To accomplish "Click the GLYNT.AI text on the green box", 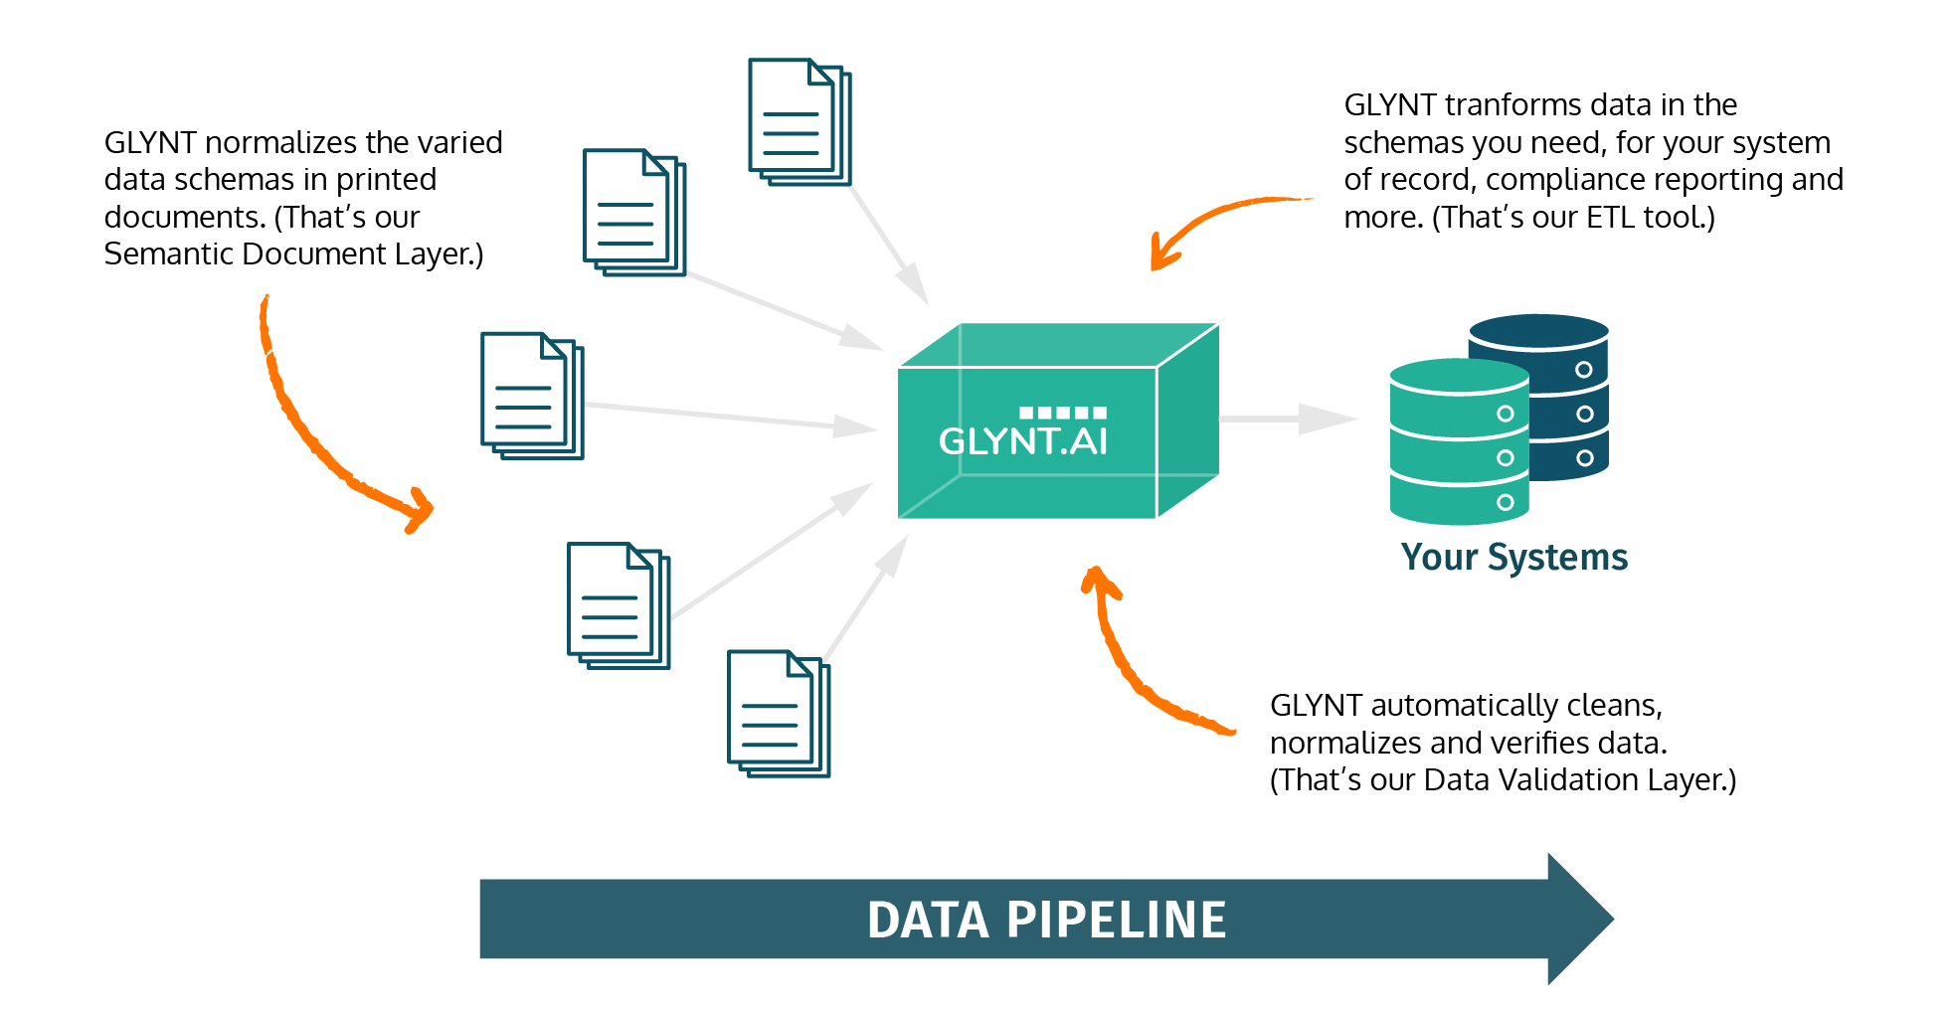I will pos(1022,441).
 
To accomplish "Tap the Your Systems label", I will pos(1513,558).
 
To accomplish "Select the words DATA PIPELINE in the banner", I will pos(1046,920).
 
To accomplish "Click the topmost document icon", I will pos(799,121).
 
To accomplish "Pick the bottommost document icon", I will pos(778,713).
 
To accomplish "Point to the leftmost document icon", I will pos(531,395).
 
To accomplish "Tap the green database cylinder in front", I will pos(1458,442).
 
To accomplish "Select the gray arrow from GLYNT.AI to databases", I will pos(1287,420).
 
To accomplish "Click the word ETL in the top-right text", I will pos(1609,218).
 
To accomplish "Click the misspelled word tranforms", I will pos(1511,105).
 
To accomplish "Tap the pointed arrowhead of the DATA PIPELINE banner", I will pos(1581,920).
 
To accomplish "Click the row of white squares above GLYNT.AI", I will pos(1062,413).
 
